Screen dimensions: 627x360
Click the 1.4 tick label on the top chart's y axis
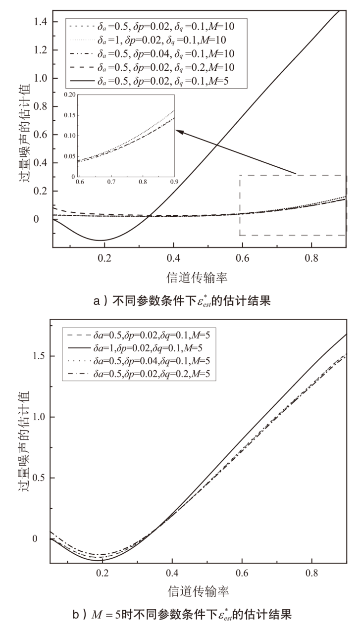(x=38, y=22)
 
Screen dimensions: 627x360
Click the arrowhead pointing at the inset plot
(x=181, y=132)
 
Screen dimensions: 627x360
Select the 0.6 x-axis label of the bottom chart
(x=242, y=574)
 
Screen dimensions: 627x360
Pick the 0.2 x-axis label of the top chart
(x=104, y=258)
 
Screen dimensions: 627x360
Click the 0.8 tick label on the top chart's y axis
(x=38, y=106)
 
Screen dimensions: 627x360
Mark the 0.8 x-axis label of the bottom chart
(x=311, y=574)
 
